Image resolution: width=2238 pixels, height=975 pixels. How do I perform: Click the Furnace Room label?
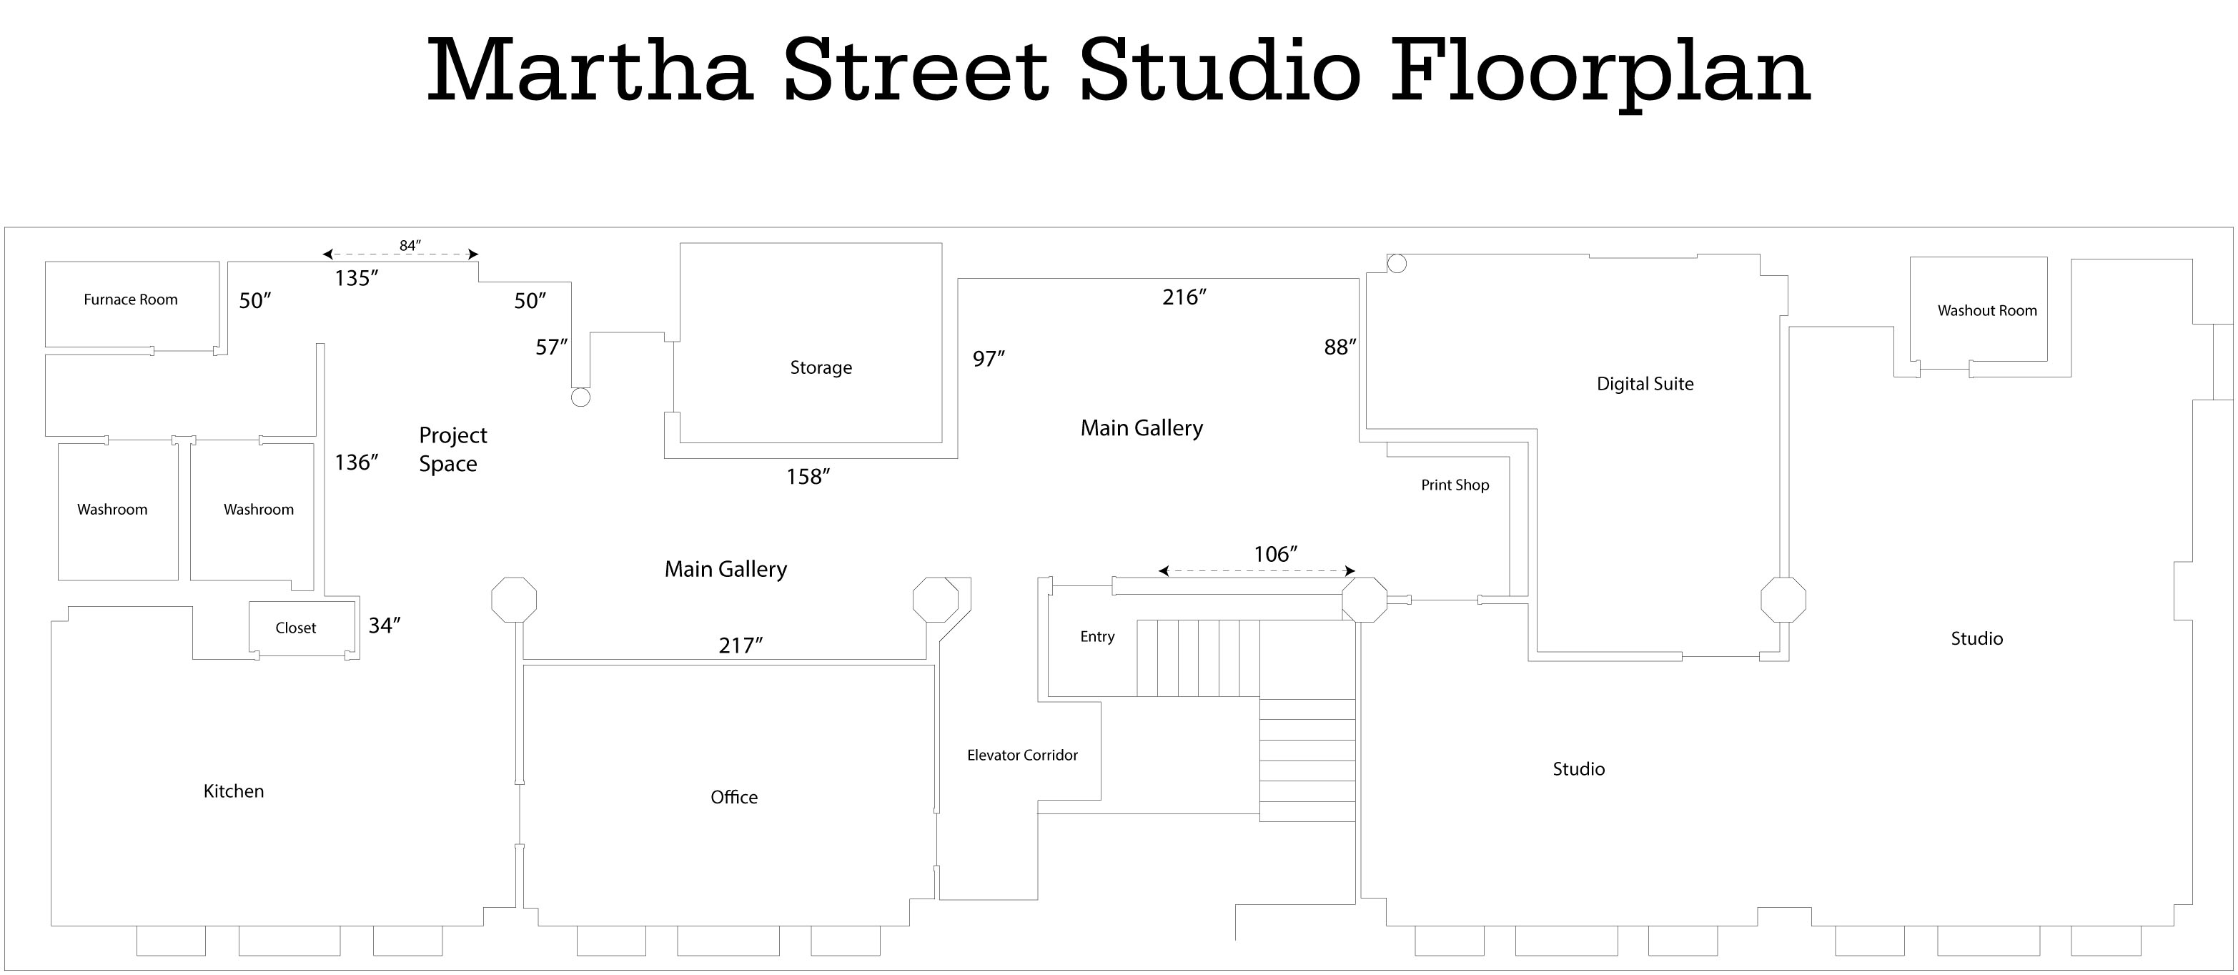(x=130, y=300)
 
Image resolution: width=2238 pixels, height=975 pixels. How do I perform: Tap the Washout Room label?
(x=1987, y=311)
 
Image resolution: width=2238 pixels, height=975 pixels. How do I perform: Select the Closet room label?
(x=295, y=628)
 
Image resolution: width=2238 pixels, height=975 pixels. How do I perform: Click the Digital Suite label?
(x=1645, y=384)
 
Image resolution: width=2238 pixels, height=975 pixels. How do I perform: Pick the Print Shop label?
(x=1455, y=485)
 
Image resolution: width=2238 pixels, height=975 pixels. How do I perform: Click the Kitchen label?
(x=233, y=791)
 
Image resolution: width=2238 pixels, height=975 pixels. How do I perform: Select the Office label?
(x=733, y=797)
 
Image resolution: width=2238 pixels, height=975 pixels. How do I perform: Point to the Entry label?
(x=1096, y=637)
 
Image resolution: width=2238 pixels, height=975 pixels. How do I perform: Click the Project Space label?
(x=452, y=450)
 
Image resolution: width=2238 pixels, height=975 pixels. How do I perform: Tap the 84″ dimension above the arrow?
(x=410, y=246)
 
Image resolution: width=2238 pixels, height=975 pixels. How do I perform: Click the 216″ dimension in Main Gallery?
(x=1184, y=297)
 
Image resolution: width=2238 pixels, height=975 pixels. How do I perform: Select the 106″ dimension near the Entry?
(x=1275, y=555)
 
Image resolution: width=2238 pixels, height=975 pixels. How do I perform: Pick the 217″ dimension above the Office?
(x=741, y=645)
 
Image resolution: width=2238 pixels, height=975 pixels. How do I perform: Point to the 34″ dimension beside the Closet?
(x=384, y=625)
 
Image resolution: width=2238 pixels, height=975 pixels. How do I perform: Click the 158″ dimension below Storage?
(x=808, y=477)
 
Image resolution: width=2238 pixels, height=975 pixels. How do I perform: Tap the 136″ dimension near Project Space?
(x=356, y=462)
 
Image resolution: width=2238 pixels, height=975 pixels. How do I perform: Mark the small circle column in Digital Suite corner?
(x=1396, y=263)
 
